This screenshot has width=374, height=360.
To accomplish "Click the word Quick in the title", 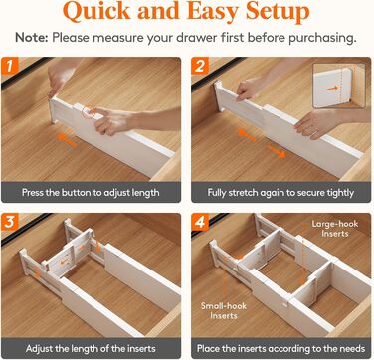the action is (96, 12).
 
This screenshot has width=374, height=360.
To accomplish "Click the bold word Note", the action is (32, 37).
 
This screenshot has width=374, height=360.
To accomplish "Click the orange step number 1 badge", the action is (9, 66).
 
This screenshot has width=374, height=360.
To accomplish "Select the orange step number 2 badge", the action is (200, 66).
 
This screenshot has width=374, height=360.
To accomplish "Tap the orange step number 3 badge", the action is (9, 222).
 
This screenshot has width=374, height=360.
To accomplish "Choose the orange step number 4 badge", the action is (200, 222).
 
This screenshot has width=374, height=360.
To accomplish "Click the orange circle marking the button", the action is (89, 112).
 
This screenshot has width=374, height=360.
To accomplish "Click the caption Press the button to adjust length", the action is (91, 193).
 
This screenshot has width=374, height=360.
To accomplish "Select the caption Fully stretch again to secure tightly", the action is (280, 193).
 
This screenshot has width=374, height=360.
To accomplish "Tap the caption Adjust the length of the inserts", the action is (91, 349).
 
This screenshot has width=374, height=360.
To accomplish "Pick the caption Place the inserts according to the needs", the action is (280, 349).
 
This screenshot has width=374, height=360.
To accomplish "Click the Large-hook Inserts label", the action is (335, 229).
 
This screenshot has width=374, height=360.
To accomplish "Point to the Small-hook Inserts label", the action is (224, 310).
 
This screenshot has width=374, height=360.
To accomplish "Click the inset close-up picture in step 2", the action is (339, 86).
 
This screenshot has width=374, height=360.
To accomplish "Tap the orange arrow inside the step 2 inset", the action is (333, 89).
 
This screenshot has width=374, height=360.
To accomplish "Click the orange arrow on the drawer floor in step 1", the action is (67, 139).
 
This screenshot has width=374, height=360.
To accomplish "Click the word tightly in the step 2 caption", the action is (340, 193).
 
